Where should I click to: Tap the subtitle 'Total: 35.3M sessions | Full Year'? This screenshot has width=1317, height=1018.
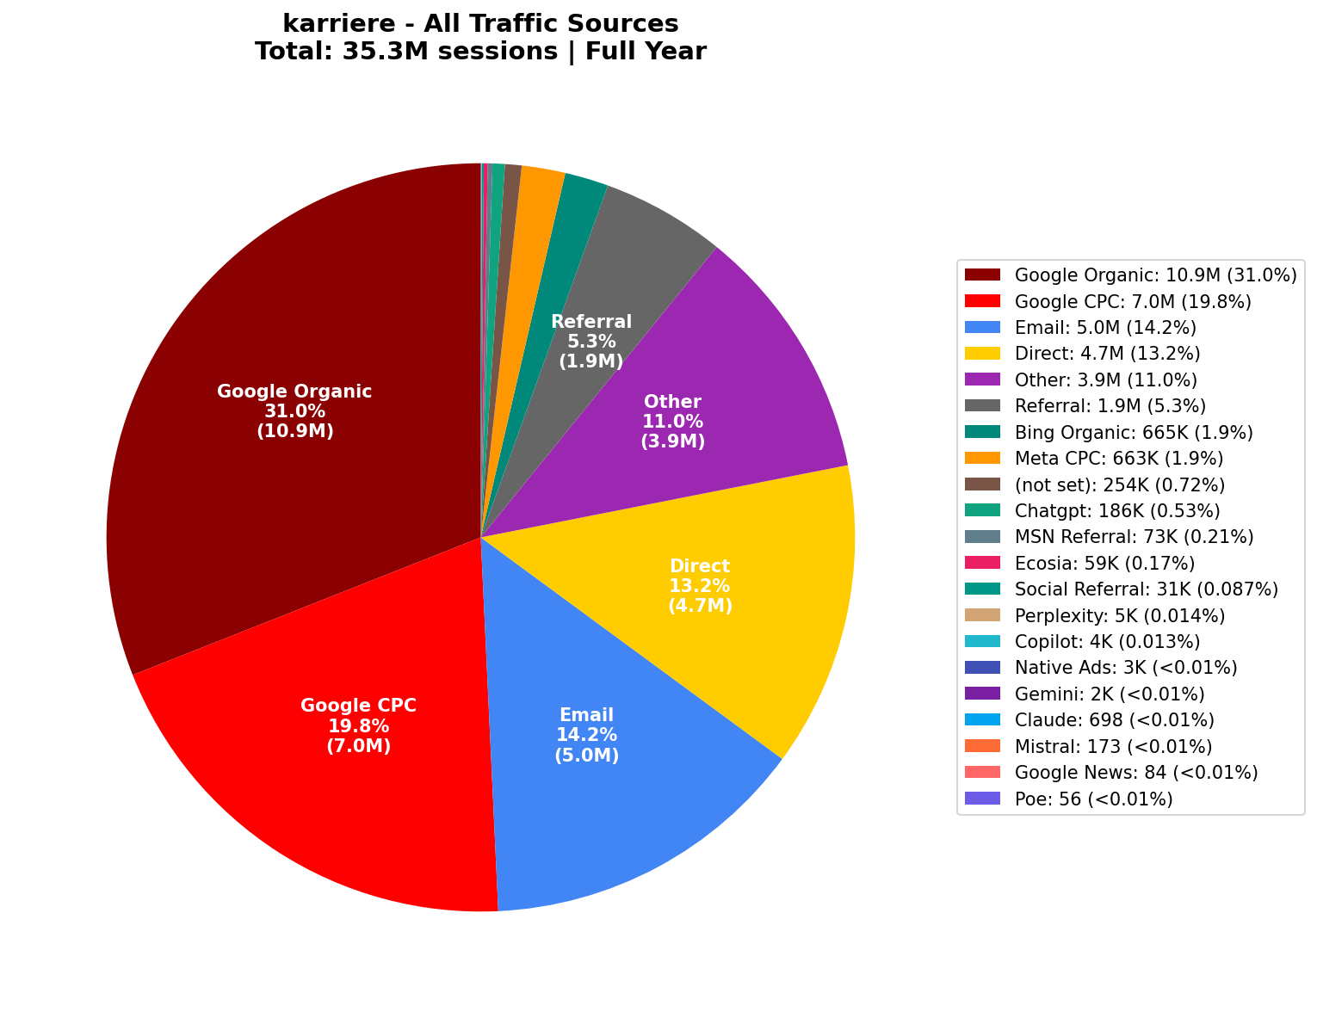click(x=480, y=52)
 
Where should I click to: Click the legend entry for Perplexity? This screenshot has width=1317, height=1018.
click(x=1119, y=616)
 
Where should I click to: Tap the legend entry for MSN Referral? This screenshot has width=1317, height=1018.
click(x=1134, y=537)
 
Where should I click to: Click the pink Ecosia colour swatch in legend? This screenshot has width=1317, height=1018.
click(x=982, y=564)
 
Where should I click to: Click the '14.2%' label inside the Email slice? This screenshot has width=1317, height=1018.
click(x=587, y=735)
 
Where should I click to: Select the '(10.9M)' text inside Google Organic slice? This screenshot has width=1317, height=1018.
click(x=294, y=431)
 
